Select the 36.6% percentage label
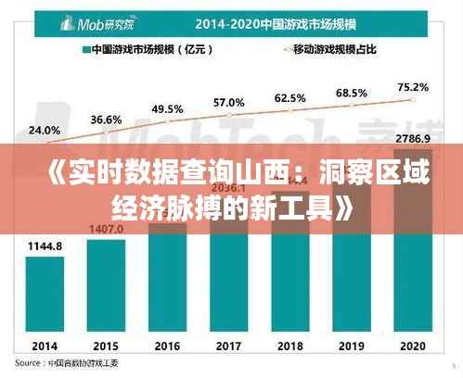106,120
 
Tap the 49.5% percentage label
167,108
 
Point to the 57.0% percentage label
229,102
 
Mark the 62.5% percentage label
290,97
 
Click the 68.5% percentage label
352,93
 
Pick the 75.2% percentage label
413,87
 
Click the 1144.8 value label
45,246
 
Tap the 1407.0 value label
107,228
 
